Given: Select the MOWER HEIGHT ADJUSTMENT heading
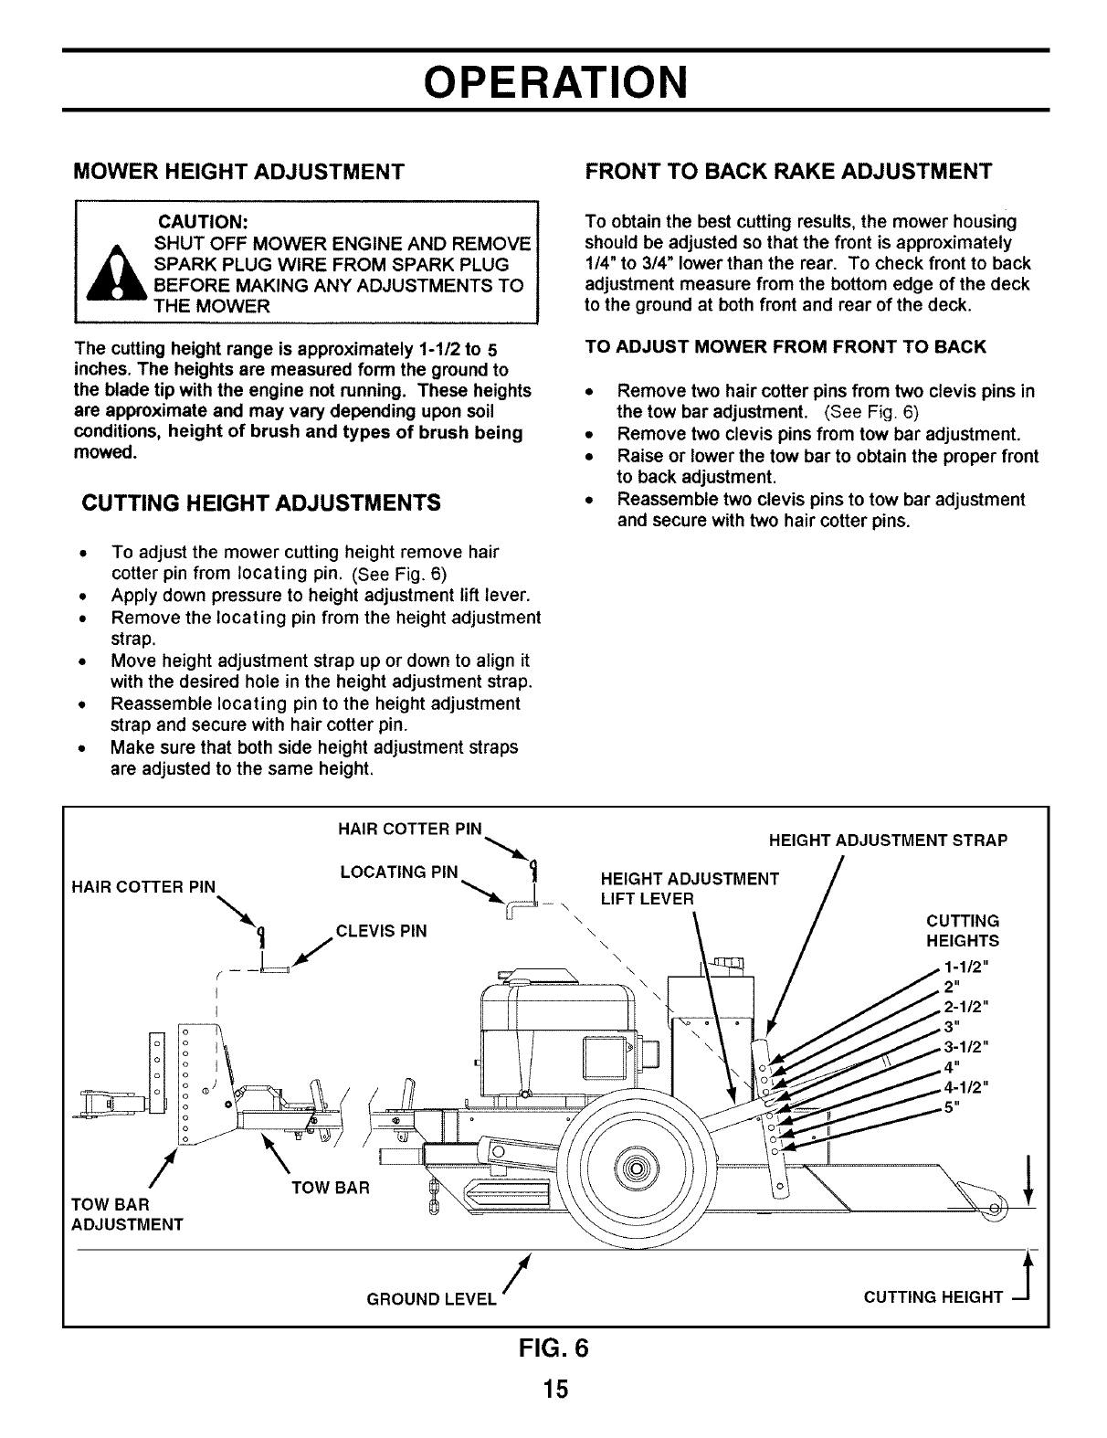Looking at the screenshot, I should click(x=238, y=172).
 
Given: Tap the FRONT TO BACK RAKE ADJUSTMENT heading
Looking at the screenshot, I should click(x=788, y=172).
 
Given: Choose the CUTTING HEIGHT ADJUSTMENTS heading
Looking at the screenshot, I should click(x=261, y=503).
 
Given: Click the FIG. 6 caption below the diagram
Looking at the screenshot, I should click(x=554, y=1349).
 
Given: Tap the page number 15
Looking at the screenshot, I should click(x=553, y=1390).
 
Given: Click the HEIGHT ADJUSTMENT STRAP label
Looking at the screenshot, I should click(x=888, y=841).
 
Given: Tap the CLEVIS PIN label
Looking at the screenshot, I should click(x=382, y=932).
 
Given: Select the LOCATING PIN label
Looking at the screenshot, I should click(x=398, y=872).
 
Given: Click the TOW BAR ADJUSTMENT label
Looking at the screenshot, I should click(x=127, y=1214).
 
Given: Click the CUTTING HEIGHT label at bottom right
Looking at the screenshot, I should click(x=933, y=1297).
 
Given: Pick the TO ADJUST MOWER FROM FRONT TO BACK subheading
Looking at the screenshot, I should click(x=785, y=347).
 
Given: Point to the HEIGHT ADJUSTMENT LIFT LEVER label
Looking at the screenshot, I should click(x=690, y=889).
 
